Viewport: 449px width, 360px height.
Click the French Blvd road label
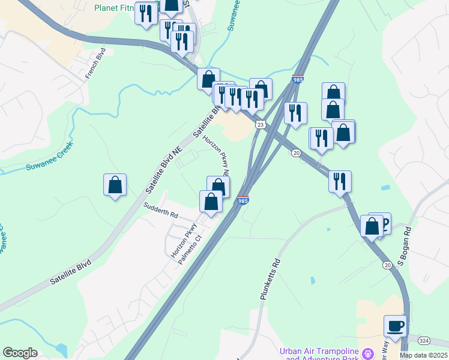(x=96, y=63)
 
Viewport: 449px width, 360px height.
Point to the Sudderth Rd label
(x=160, y=210)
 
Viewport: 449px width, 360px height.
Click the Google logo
(x=20, y=353)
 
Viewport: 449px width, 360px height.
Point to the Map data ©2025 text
(x=424, y=355)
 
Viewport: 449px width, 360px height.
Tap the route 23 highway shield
(x=260, y=124)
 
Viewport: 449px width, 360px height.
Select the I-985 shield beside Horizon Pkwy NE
(x=243, y=201)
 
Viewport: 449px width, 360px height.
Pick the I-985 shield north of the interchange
(x=298, y=79)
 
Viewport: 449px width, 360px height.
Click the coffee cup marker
(x=395, y=326)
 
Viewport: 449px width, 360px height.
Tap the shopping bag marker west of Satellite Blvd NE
(x=115, y=185)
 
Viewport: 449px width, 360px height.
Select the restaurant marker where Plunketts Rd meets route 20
(x=340, y=181)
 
